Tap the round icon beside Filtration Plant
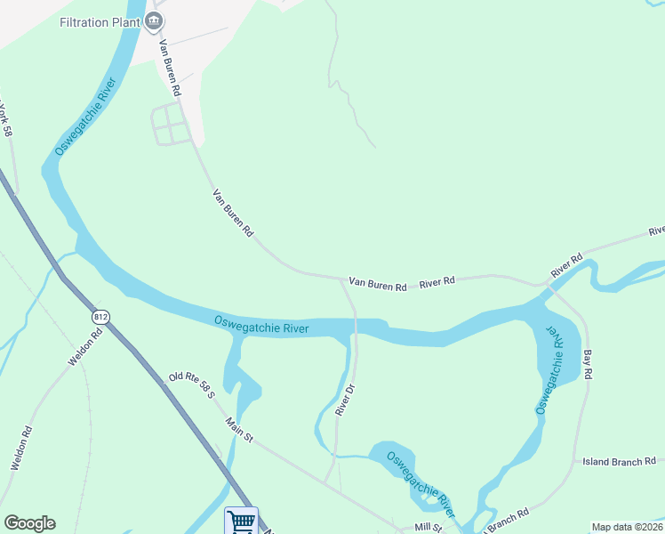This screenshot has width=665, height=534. [155, 20]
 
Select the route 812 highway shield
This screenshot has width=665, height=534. [100, 317]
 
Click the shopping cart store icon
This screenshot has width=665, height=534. [241, 521]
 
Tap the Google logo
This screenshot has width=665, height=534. [29, 523]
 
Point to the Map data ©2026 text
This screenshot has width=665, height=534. [627, 527]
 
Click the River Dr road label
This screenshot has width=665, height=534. [345, 400]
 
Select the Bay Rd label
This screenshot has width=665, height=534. [588, 365]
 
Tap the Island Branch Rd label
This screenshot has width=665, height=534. [619, 461]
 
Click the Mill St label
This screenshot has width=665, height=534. [428, 527]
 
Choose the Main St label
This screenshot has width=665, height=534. [240, 431]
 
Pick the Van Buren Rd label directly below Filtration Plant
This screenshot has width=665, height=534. [170, 68]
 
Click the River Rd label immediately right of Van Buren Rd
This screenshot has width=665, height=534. [437, 281]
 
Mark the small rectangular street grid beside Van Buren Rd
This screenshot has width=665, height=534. [172, 124]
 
